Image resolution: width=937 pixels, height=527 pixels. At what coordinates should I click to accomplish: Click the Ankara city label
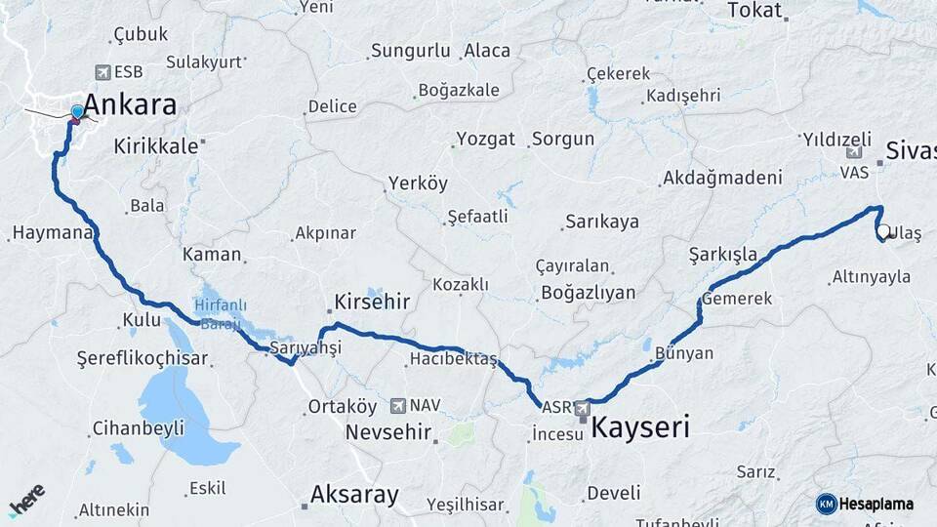(130, 104)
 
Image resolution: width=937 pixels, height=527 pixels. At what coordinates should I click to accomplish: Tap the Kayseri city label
(640, 426)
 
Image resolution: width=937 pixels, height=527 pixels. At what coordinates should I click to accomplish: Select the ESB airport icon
(102, 72)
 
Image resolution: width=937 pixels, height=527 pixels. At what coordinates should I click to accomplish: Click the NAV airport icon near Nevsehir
(397, 405)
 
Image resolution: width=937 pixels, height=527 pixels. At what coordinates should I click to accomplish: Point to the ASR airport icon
(583, 408)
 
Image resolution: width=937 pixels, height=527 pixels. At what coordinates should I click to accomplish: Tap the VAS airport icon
(854, 152)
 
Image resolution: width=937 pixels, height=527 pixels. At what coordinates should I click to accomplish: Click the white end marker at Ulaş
(882, 232)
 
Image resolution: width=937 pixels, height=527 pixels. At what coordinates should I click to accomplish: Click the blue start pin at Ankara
(77, 112)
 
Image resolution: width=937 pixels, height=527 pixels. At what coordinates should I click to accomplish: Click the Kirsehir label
(372, 302)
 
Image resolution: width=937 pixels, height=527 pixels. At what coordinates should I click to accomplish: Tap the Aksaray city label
(353, 495)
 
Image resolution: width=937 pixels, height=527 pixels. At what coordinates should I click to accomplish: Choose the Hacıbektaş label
(454, 360)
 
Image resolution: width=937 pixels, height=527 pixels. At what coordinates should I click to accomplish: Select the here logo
(26, 500)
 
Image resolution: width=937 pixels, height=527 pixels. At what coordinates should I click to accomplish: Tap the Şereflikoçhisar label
(143, 358)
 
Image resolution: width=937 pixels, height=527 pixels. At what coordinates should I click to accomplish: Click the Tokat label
(754, 11)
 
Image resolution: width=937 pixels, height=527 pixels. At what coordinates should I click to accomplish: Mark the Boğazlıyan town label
(588, 292)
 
